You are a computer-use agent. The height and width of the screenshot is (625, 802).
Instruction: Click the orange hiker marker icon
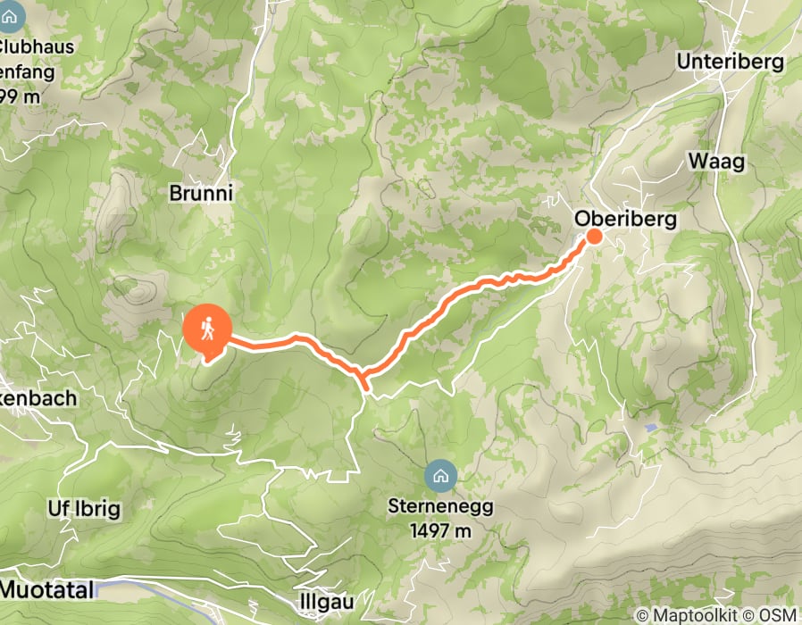click(x=206, y=329)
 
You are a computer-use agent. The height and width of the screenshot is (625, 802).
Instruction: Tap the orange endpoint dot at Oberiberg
click(x=594, y=236)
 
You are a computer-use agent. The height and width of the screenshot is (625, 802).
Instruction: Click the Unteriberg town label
click(x=730, y=62)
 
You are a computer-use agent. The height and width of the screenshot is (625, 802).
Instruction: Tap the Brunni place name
click(x=201, y=192)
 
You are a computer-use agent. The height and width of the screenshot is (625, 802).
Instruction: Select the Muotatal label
click(x=45, y=588)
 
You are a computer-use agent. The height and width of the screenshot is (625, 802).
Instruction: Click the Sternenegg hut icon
click(x=439, y=476)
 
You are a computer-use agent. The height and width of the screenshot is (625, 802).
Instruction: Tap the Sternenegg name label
click(x=441, y=506)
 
